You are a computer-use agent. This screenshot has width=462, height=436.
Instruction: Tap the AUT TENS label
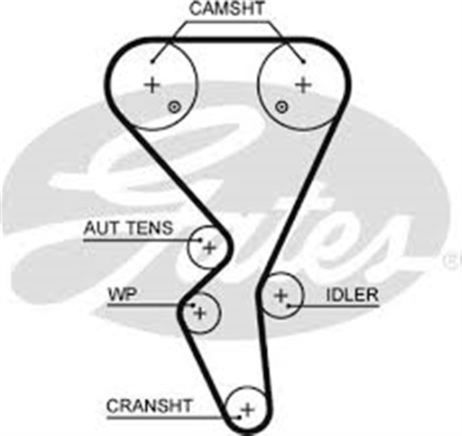(128, 229)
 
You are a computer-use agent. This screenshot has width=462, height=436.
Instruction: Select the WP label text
(123, 295)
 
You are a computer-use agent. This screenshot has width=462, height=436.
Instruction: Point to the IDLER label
(352, 295)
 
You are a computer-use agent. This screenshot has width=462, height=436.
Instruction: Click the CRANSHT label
(149, 406)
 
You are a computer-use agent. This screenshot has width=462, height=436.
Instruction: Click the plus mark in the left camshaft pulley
(152, 85)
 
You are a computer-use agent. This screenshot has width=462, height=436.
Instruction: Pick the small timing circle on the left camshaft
(173, 108)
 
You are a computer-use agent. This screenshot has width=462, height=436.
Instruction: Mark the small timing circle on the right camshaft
(282, 108)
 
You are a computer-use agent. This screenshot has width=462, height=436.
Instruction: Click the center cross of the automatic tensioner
(209, 248)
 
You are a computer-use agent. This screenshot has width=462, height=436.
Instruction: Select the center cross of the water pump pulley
(201, 313)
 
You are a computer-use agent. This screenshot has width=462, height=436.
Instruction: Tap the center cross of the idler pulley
(281, 295)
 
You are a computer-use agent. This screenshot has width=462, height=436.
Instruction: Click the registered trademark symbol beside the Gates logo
(452, 255)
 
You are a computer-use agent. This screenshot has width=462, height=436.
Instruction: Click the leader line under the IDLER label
(339, 306)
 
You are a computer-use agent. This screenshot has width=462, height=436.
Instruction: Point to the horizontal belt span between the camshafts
(227, 36)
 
